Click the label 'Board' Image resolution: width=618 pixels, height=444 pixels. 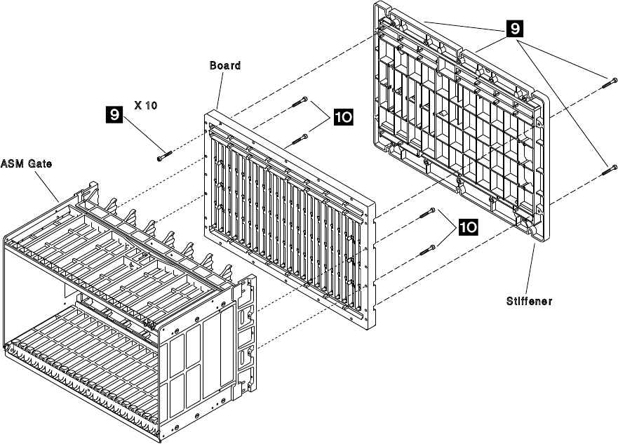[225, 65]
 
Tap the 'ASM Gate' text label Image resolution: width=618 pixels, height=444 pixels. [25, 164]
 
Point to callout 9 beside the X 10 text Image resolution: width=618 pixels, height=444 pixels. [130, 110]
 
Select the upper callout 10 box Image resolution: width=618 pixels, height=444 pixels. [344, 118]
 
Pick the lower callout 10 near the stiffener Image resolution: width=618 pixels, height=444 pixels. [470, 227]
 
